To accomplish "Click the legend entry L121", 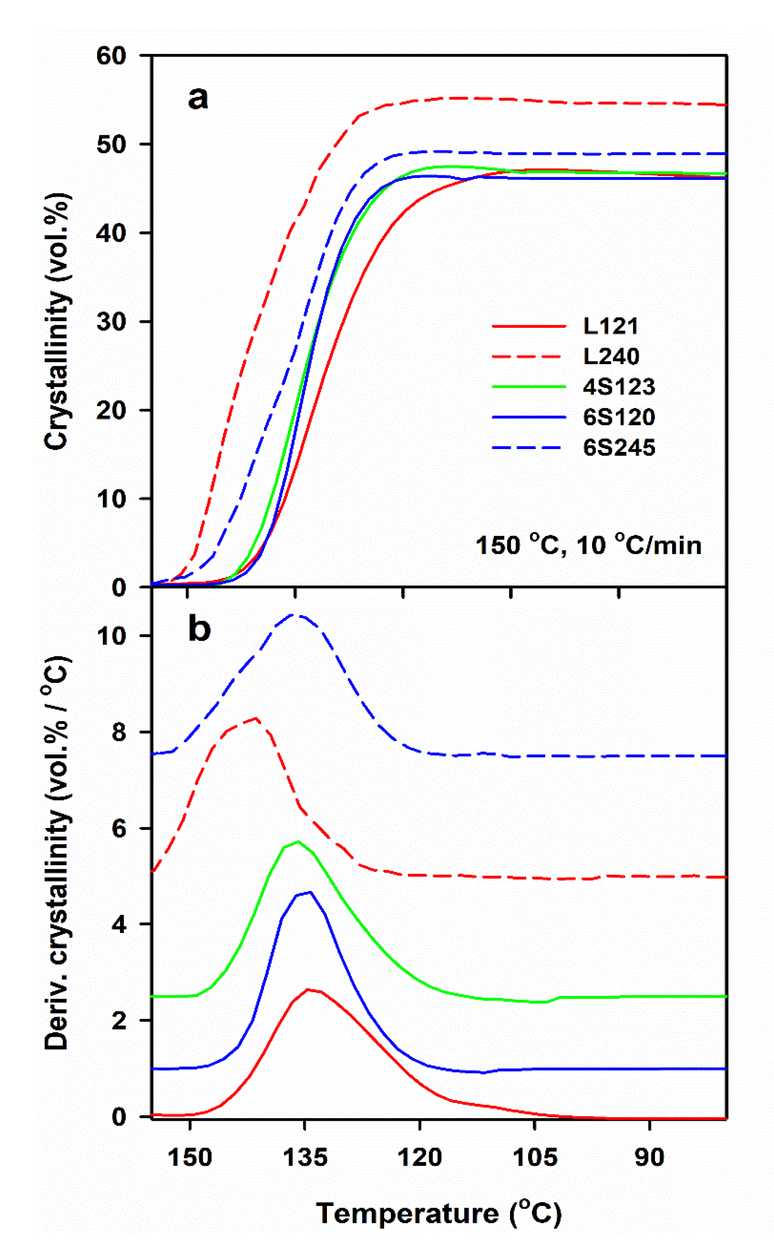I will pyautogui.click(x=611, y=326).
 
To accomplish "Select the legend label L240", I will pyautogui.click(x=611, y=356).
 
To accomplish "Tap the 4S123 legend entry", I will pyautogui.click(x=618, y=387).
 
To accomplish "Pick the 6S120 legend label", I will pyautogui.click(x=618, y=417).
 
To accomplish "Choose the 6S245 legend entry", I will pyautogui.click(x=618, y=448).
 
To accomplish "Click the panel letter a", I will pyautogui.click(x=198, y=98).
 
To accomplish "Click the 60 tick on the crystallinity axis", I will pyautogui.click(x=112, y=55).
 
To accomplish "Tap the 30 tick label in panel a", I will pyautogui.click(x=112, y=322).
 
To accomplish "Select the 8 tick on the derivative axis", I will pyautogui.click(x=119, y=732).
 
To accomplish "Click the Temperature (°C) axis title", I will pyautogui.click(x=439, y=1213).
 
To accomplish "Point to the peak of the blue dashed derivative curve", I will pyautogui.click(x=294, y=614).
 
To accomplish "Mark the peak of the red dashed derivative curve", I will pyautogui.click(x=255, y=718).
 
